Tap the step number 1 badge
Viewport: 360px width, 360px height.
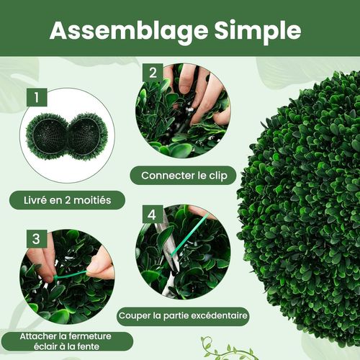click(35, 95)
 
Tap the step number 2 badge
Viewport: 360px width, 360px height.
click(152, 73)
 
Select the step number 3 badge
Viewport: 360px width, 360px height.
click(35, 238)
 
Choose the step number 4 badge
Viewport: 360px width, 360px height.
click(151, 215)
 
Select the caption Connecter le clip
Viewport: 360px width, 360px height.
click(183, 175)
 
